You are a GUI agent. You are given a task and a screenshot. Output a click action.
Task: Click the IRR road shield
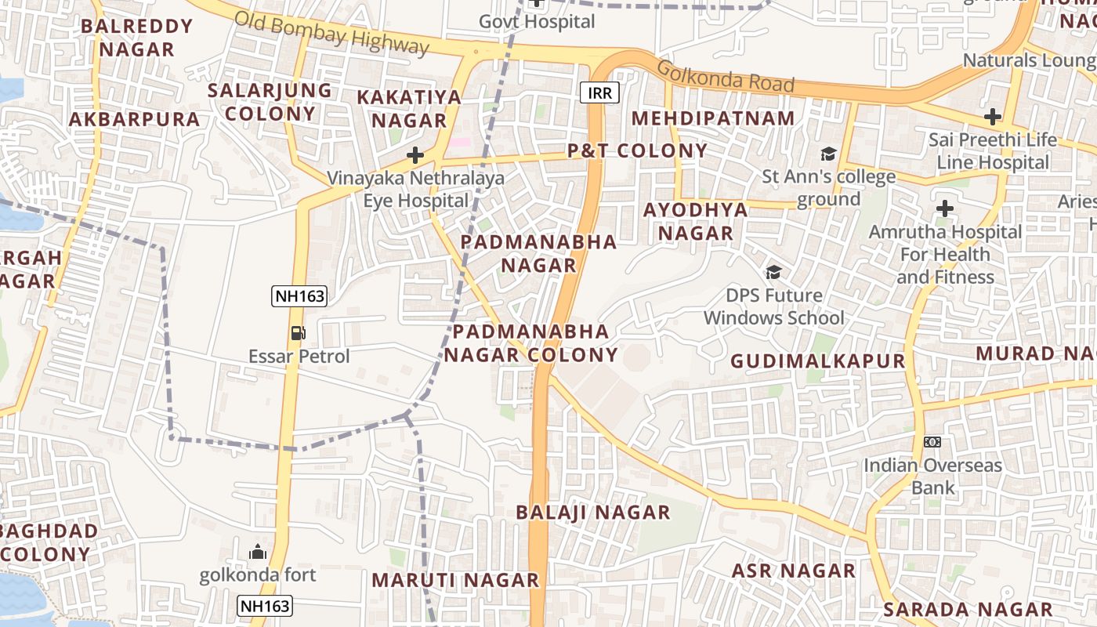600,93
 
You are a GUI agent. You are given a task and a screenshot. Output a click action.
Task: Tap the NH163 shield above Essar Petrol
299,296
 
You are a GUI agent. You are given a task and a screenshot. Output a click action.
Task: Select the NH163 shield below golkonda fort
265,605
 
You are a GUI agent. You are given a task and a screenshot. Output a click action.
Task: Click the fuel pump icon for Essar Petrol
298,333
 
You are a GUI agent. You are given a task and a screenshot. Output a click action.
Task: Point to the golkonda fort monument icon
258,553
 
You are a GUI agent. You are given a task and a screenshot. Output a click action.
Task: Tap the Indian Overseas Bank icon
932,442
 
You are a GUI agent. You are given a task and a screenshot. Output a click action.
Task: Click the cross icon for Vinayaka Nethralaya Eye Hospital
415,155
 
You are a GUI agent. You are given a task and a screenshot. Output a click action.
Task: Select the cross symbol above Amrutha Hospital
945,209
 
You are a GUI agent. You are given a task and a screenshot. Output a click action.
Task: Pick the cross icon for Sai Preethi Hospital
993,118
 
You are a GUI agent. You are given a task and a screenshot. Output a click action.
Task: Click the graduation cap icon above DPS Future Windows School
774,273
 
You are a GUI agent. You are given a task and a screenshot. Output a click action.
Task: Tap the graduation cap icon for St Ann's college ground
828,154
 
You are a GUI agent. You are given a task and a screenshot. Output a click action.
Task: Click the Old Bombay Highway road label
331,33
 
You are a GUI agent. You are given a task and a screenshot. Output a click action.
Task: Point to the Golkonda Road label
726,77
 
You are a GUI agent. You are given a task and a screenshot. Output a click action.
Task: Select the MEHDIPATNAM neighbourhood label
713,118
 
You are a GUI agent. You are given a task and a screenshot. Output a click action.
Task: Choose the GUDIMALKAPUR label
818,361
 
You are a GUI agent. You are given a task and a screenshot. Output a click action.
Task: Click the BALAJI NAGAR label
593,513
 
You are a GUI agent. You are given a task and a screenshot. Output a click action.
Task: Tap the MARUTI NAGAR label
455,580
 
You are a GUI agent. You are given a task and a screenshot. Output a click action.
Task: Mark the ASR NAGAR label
794,571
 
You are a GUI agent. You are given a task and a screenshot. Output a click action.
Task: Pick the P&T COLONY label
637,150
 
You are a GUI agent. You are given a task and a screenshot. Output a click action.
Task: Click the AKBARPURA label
135,119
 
